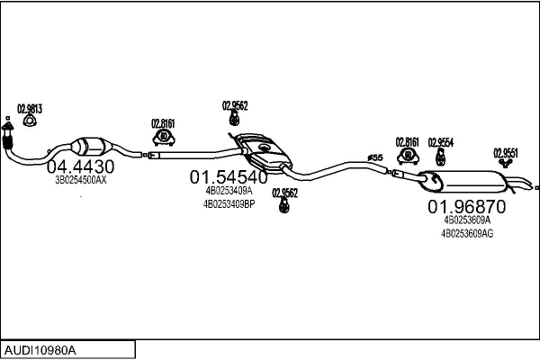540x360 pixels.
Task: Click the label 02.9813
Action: point(30,108)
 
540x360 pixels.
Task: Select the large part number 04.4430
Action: point(80,166)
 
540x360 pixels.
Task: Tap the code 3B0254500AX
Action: point(81,180)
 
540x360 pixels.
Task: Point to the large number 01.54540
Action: point(228,177)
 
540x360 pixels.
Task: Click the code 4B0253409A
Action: point(229,191)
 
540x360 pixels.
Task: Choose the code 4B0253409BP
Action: point(229,203)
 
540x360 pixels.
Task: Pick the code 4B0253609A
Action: point(466,219)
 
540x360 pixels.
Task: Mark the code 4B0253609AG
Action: point(466,232)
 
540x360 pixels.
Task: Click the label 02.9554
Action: point(440,141)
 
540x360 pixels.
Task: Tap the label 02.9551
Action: point(505,152)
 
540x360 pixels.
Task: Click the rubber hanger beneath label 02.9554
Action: point(440,157)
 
